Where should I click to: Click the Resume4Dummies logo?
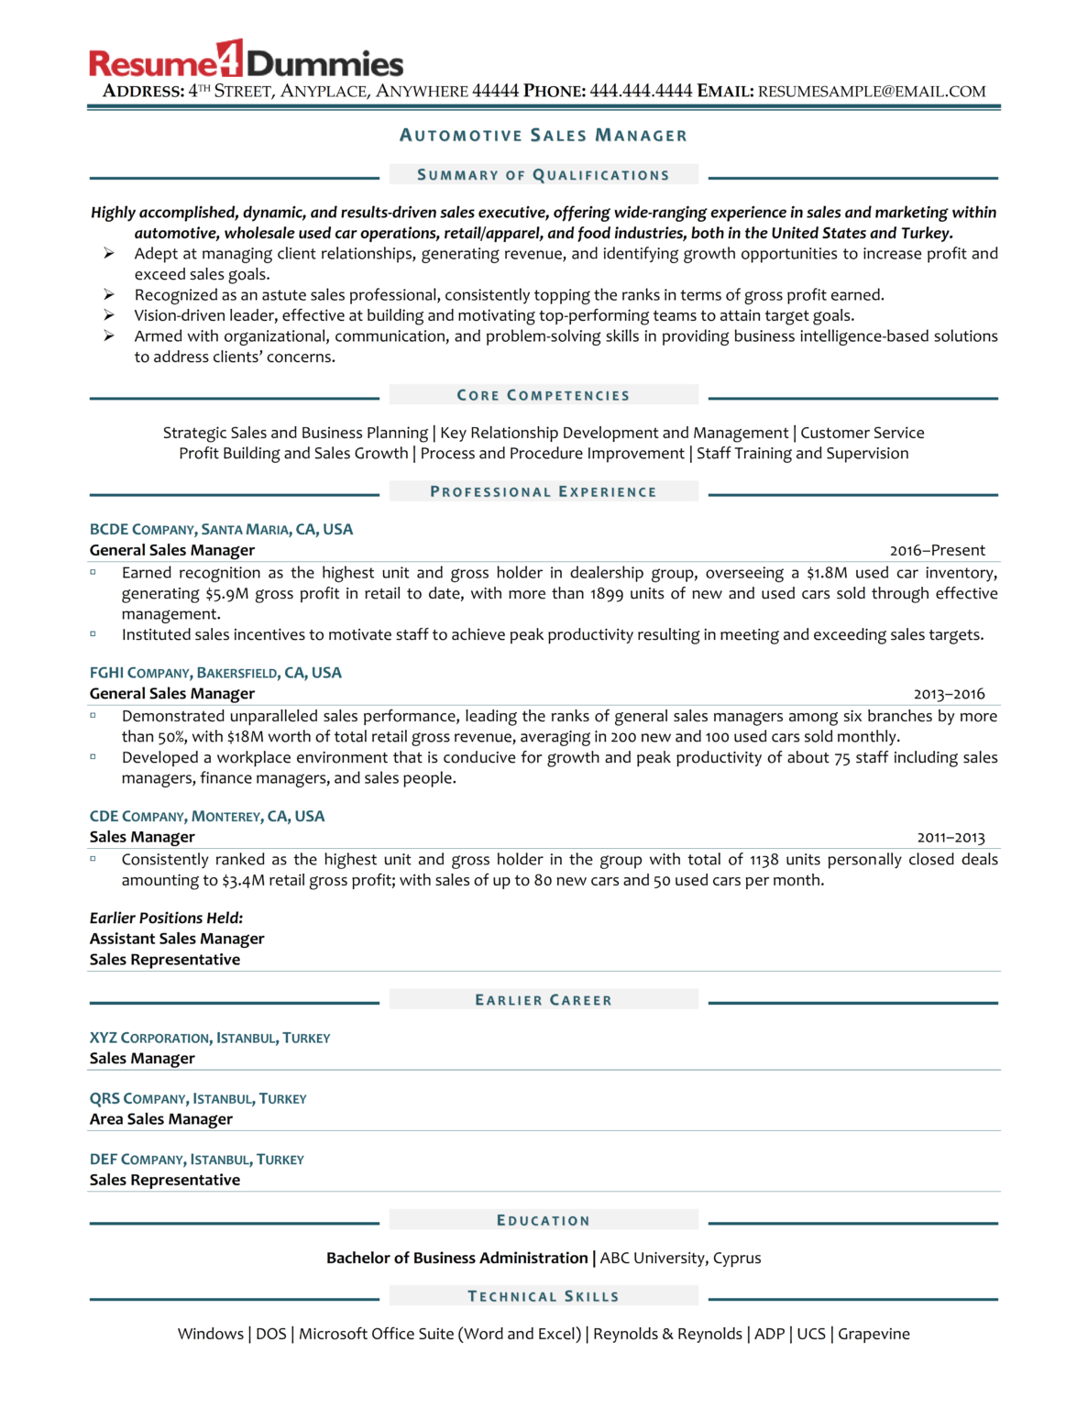click(x=246, y=60)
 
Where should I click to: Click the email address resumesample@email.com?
click(x=872, y=92)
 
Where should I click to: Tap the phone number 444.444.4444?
click(x=641, y=92)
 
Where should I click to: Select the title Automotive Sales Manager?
click(x=544, y=136)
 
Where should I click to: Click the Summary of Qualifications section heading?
click(x=544, y=175)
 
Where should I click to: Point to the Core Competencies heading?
click(x=544, y=395)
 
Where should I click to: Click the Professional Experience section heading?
click(x=544, y=492)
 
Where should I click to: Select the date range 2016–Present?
click(x=937, y=551)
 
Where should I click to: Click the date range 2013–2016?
click(x=949, y=694)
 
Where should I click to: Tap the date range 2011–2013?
click(x=951, y=838)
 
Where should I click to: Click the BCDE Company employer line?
click(x=221, y=530)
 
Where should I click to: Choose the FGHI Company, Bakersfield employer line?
click(x=215, y=673)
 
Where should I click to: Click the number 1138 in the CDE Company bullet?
click(x=764, y=860)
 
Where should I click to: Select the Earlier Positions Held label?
click(x=166, y=918)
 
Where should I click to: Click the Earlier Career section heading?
click(x=544, y=1000)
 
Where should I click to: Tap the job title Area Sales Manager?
click(x=161, y=1119)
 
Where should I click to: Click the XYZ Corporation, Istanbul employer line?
click(x=210, y=1038)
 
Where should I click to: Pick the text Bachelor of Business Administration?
click(x=456, y=1259)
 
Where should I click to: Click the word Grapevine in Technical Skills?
click(x=874, y=1334)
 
